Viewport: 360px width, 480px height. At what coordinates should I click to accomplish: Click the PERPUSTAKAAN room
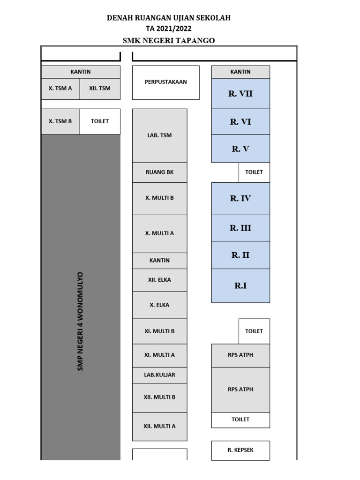coord(165,82)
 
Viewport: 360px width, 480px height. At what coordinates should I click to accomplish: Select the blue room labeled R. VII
coord(240,94)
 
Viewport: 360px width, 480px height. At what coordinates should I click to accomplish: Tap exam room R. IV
coord(240,198)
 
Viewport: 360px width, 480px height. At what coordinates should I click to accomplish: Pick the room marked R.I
coord(240,286)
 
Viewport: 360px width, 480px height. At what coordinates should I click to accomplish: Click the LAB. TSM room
coord(159,135)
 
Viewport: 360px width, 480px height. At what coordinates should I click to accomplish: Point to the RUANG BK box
coord(159,172)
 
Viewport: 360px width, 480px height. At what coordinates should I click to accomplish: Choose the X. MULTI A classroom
coord(159,233)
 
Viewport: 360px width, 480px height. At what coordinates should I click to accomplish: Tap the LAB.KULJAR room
coord(159,375)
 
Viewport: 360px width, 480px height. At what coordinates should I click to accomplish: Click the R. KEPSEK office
coord(240,450)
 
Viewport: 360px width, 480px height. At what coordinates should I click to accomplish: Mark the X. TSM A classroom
coord(60,89)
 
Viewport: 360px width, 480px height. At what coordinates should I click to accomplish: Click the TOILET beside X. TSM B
coord(100,121)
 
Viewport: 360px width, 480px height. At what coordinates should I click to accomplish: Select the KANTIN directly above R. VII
coord(240,72)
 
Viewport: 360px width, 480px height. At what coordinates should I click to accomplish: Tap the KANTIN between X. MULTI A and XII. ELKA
coord(159,261)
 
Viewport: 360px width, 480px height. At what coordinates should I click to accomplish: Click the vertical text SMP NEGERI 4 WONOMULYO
coord(80,322)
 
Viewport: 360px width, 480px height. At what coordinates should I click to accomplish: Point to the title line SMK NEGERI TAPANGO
coord(169,40)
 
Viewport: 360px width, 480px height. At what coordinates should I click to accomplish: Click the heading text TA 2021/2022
coord(169,29)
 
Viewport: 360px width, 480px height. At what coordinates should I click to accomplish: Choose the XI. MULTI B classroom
coord(159,331)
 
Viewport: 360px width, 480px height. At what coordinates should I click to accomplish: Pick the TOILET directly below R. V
coord(254,172)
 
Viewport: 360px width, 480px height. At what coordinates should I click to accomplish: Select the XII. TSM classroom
coord(100,89)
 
